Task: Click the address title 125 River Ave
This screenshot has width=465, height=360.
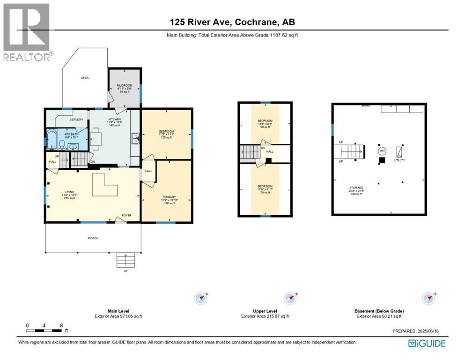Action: [232, 22]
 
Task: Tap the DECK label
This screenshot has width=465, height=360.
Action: [84, 78]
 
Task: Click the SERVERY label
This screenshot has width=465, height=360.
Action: [76, 120]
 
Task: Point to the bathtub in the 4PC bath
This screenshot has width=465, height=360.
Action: [51, 139]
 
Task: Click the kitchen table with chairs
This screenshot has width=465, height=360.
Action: [96, 140]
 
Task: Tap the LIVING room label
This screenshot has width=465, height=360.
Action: [69, 192]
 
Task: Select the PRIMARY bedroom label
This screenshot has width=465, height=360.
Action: [169, 197]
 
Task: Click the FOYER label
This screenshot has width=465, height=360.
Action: [126, 216]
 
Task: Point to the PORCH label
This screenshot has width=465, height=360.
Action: [93, 238]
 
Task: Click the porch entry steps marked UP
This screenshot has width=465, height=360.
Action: [125, 260]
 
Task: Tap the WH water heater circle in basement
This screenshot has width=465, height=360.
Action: [382, 151]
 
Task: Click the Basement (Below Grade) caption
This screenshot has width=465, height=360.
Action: [379, 311]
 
